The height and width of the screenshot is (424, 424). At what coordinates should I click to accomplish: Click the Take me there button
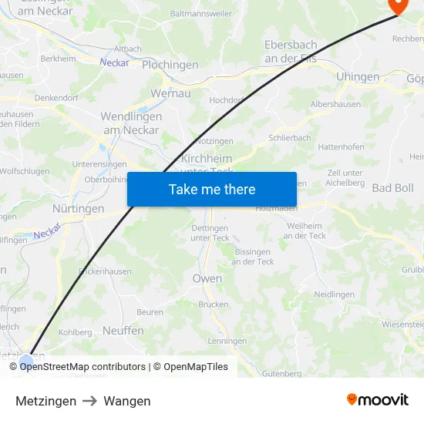pyautogui.click(x=212, y=190)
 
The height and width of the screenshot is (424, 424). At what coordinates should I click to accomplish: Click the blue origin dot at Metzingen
pyautogui.click(x=27, y=361)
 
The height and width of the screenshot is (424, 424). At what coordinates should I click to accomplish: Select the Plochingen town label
pyautogui.click(x=170, y=66)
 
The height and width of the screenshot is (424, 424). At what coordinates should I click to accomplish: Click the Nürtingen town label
pyautogui.click(x=78, y=209)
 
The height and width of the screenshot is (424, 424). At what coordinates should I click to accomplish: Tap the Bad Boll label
pyautogui.click(x=392, y=188)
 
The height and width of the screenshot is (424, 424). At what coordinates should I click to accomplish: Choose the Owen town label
pyautogui.click(x=207, y=278)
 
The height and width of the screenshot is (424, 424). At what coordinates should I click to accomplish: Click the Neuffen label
pyautogui.click(x=123, y=330)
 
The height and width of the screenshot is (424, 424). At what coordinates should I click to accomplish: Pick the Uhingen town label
pyautogui.click(x=358, y=77)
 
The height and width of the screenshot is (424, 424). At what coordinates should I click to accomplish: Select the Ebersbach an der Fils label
pyautogui.click(x=291, y=52)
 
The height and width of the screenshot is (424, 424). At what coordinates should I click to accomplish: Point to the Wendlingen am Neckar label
pyautogui.click(x=131, y=123)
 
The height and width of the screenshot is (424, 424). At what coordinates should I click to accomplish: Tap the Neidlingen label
pyautogui.click(x=334, y=294)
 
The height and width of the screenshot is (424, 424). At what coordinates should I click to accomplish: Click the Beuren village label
pyautogui.click(x=150, y=312)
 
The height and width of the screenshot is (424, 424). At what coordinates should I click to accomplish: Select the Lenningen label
pyautogui.click(x=227, y=341)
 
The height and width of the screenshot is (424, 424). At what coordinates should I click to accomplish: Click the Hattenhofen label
pyautogui.click(x=341, y=146)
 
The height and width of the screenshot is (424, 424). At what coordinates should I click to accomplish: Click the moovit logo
pyautogui.click(x=377, y=400)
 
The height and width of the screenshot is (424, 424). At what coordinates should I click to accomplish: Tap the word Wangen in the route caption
pyautogui.click(x=127, y=401)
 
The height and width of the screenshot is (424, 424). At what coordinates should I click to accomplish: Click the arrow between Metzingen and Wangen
pyautogui.click(x=90, y=401)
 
